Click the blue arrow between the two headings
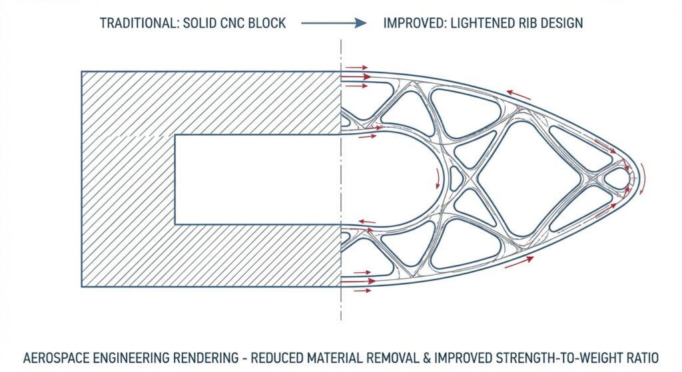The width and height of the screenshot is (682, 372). tap(334, 23)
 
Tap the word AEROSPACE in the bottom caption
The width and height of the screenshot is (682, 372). tap(59, 357)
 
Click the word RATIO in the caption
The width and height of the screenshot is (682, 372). tap(637, 357)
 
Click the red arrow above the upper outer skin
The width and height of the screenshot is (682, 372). tap(519, 95)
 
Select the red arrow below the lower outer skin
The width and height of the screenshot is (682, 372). tap(519, 263)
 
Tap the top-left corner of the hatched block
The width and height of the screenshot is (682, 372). tap(82, 71)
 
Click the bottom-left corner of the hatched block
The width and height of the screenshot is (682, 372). tap(82, 287)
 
